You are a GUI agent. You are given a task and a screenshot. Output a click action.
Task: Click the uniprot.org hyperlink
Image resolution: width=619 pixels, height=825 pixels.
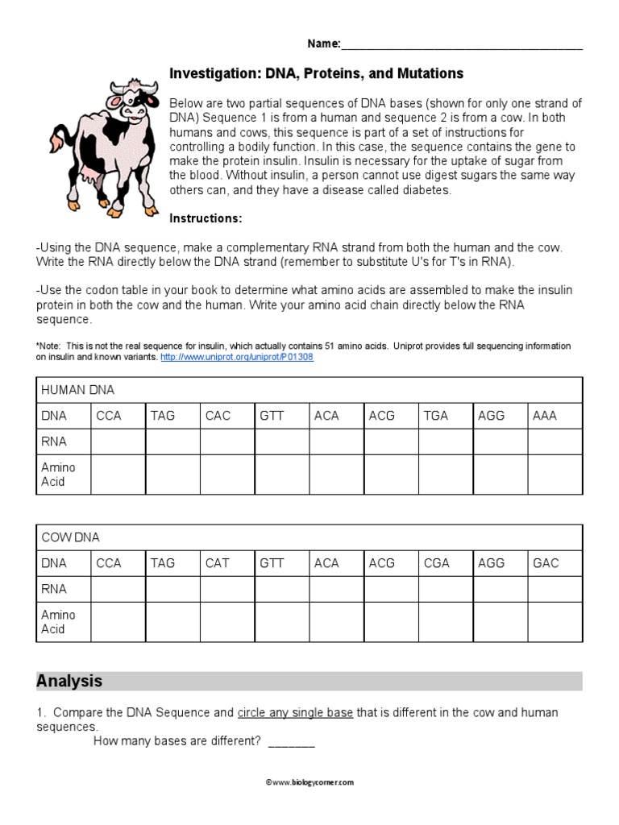point(237,356)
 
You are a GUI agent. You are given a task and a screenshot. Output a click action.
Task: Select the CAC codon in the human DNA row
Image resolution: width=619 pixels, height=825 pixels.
point(218,416)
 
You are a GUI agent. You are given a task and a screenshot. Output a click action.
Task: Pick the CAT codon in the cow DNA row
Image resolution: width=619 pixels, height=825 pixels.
point(218,563)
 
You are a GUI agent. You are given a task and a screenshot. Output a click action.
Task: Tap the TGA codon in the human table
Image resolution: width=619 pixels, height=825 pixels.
point(436,416)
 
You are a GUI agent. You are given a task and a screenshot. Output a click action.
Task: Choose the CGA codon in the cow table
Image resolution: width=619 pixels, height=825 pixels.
point(437,563)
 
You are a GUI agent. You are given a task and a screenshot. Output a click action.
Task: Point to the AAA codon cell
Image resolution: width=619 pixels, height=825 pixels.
point(545,416)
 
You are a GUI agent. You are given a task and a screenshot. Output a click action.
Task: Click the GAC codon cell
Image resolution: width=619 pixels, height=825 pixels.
point(546,563)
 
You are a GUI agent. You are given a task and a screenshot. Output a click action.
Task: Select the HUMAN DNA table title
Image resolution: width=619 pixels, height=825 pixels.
point(77,390)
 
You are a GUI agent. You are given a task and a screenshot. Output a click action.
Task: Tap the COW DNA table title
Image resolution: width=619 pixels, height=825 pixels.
point(70,537)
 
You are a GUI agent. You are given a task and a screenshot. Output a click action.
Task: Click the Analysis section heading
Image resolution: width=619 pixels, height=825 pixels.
point(69,681)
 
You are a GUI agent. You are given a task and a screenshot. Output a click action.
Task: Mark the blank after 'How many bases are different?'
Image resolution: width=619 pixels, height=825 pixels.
point(291,740)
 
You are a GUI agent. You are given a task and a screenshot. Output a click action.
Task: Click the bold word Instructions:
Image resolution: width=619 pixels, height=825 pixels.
point(206,218)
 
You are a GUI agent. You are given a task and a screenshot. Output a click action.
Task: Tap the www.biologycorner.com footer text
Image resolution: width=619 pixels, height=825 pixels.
point(309,781)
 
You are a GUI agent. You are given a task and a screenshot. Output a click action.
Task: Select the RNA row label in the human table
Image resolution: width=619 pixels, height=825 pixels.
point(54,442)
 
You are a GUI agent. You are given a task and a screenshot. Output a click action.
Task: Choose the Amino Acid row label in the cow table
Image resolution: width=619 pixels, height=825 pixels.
point(58,622)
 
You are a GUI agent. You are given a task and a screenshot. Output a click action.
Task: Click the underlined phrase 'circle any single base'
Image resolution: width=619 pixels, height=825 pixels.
point(295,713)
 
